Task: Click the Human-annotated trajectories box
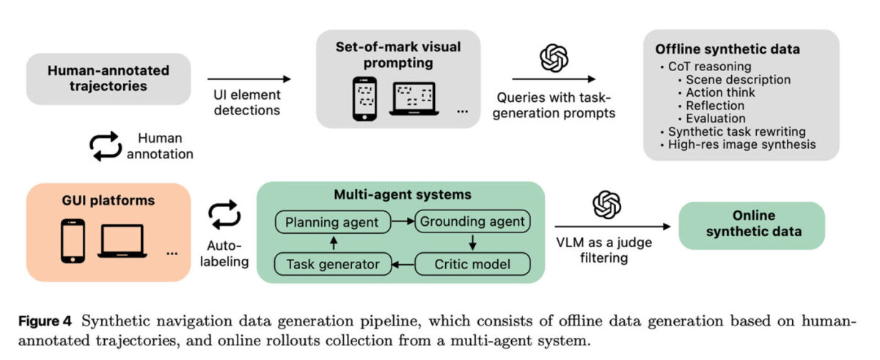tap(109, 78)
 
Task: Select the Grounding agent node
tap(472, 221)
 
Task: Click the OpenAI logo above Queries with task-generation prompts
tap(554, 58)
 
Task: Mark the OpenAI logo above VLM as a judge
tap(606, 204)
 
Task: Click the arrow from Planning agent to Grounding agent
tap(403, 221)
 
